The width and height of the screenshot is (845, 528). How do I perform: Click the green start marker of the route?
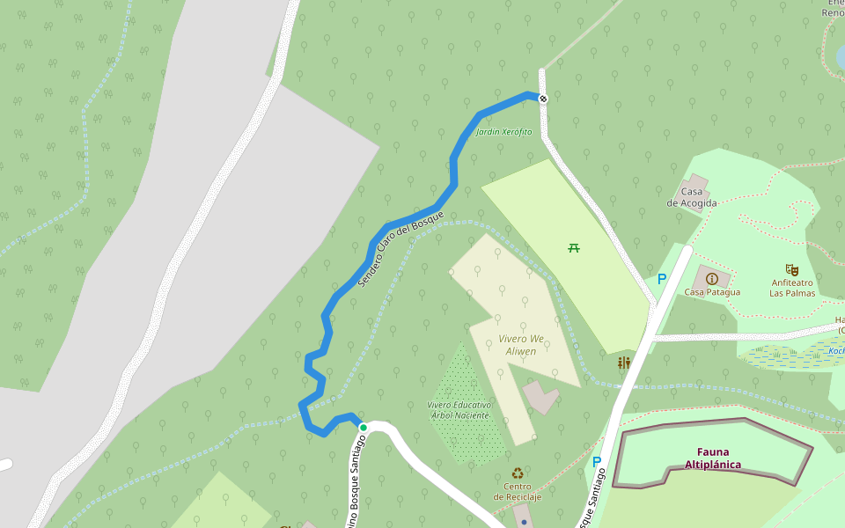(363, 427)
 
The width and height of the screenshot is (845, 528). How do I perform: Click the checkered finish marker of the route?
(544, 98)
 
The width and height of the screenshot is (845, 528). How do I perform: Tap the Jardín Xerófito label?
(503, 132)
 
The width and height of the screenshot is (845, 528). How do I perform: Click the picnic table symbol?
(574, 247)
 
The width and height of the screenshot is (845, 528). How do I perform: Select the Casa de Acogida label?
(692, 197)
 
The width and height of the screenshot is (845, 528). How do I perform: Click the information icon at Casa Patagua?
(712, 278)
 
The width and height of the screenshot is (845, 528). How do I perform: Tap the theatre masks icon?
(792, 270)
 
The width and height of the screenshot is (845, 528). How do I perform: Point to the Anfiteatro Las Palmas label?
(792, 288)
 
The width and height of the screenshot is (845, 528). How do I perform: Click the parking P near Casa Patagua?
(662, 279)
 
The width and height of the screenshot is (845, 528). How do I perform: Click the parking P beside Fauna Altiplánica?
(596, 462)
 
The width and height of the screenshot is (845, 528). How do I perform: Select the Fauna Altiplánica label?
(713, 458)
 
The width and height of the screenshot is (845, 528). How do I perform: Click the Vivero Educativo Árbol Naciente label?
(459, 410)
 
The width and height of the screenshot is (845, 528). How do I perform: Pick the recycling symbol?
(518, 473)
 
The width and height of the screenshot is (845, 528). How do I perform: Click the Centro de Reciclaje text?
(518, 491)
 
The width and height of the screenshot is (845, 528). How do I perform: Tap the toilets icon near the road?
(624, 363)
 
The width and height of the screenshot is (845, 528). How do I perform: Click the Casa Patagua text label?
(712, 292)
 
